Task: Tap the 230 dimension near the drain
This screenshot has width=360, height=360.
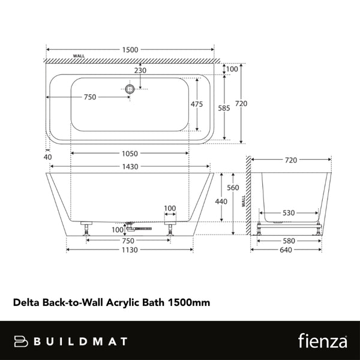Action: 140,70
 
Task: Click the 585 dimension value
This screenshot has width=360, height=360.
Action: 224,109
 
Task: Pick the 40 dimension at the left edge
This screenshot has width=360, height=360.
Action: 48,157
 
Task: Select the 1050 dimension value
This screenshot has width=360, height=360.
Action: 130,153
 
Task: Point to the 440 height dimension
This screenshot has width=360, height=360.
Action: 221,202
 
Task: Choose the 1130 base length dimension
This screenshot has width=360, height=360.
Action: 130,251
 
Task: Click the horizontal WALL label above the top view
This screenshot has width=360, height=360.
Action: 78,55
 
